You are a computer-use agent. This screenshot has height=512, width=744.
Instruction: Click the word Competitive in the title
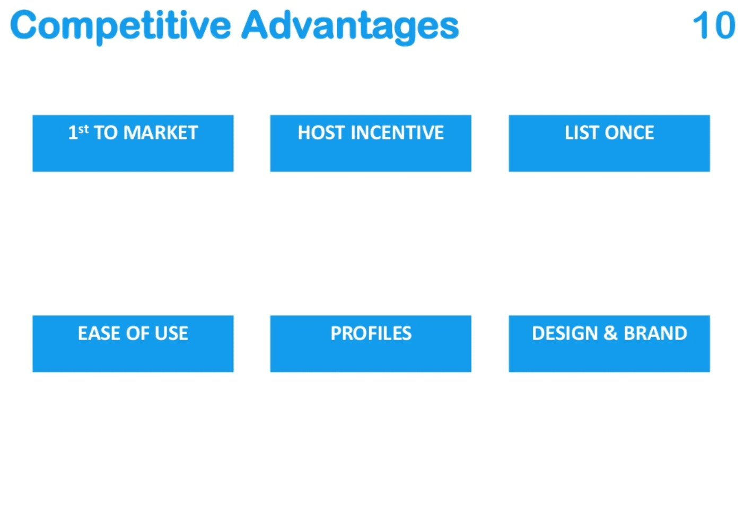(120, 26)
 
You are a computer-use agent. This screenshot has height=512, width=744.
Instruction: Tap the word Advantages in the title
(350, 27)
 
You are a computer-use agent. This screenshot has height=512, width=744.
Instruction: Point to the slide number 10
(714, 25)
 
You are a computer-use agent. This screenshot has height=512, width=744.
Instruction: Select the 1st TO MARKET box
(133, 143)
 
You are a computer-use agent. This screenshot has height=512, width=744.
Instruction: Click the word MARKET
(161, 133)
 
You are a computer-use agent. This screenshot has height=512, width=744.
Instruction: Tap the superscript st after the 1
(84, 129)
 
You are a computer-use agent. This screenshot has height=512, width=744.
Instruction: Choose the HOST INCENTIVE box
(371, 143)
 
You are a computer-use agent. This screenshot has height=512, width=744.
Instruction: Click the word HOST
(321, 133)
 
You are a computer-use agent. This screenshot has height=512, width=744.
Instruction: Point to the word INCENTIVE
(397, 133)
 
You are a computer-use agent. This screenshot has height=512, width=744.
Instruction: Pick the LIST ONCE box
(609, 143)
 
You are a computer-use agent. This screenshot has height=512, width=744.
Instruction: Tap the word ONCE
(629, 133)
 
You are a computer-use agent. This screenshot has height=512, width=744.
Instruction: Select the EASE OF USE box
(133, 344)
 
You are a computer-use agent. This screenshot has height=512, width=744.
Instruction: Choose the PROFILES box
(371, 344)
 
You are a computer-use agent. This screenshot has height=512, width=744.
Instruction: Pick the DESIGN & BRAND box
(609, 344)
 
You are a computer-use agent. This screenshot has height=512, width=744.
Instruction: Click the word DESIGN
(565, 333)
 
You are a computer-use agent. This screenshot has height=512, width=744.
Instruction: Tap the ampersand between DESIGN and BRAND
(610, 333)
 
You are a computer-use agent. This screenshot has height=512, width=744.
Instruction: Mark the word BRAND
(655, 333)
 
